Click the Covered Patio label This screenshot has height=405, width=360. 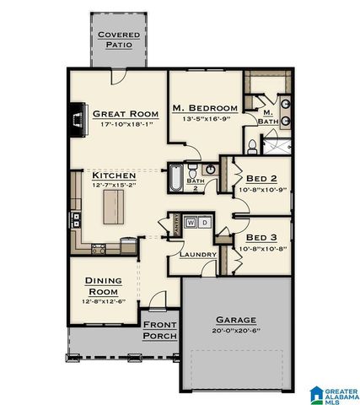pos(118,39)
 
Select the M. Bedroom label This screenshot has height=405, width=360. pos(202,108)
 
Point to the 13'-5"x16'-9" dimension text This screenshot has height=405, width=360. pos(202,119)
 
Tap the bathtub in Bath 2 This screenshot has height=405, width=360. pos(175,178)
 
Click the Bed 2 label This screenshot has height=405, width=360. pos(261,179)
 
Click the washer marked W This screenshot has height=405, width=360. pos(191,222)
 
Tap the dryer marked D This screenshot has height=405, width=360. pos(204,222)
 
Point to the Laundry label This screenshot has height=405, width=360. pos(198,254)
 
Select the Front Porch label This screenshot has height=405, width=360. pos(159,330)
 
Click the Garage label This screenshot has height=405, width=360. pos(235,321)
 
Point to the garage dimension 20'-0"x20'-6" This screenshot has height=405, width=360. pos(235,331)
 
